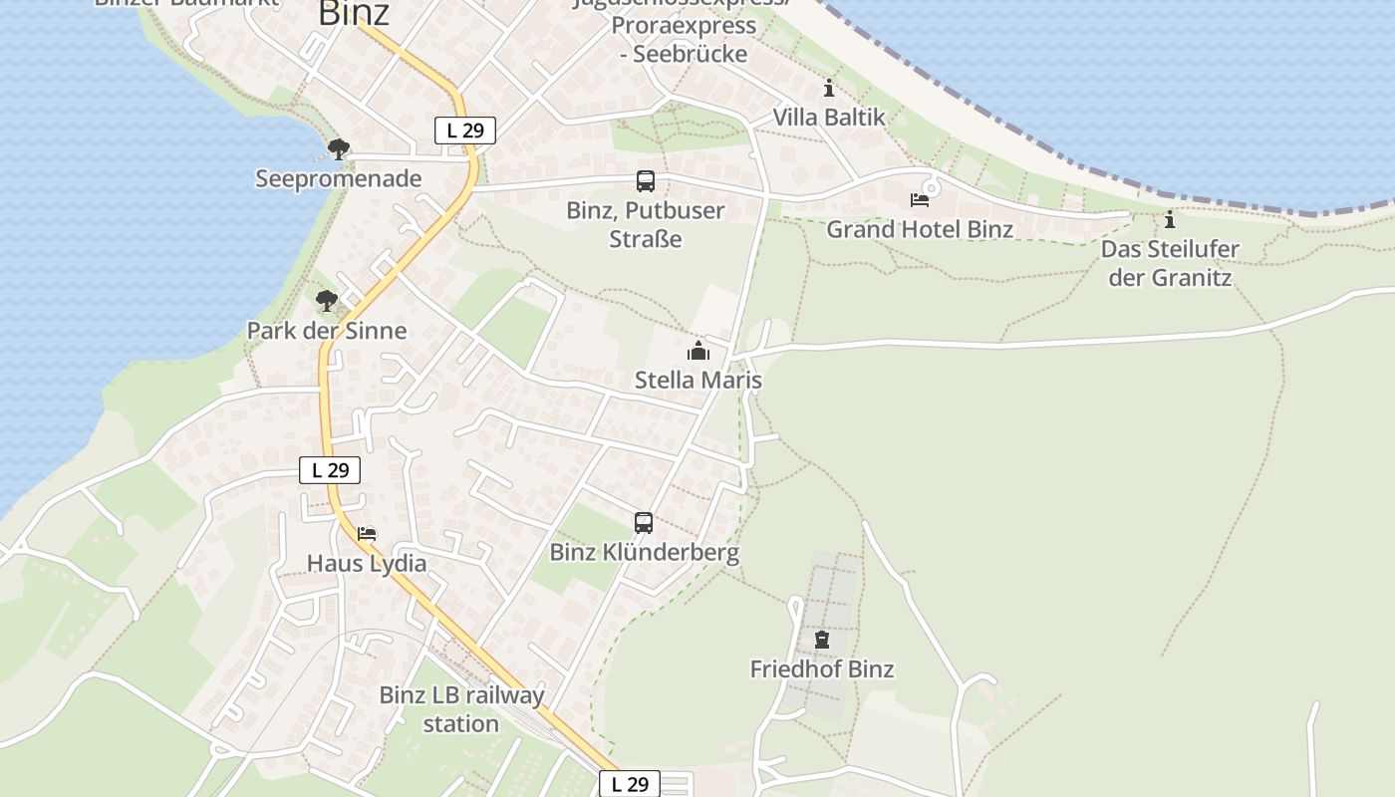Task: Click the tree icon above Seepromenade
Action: [x=339, y=150]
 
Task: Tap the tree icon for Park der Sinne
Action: [x=327, y=301]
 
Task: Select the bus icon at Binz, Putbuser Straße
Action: [x=646, y=181]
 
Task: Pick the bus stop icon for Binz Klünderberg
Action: [x=644, y=522]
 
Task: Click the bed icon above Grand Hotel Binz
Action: [x=920, y=200]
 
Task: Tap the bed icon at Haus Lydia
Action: [x=367, y=534]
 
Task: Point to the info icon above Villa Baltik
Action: [x=829, y=89]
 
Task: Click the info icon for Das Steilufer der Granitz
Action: [x=1170, y=219]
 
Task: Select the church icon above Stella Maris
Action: [x=698, y=351]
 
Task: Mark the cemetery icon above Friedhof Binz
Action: [x=822, y=640]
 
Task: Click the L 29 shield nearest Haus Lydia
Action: [x=330, y=470]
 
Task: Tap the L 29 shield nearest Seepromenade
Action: [x=465, y=130]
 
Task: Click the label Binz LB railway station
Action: [x=461, y=709]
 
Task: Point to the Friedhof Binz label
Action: [x=822, y=669]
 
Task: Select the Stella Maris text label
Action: [x=698, y=381]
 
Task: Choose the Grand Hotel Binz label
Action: [x=920, y=229]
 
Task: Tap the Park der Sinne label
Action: [x=327, y=331]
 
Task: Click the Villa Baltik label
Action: [x=829, y=118]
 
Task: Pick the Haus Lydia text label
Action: [x=367, y=564]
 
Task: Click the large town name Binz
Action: [x=354, y=14]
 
